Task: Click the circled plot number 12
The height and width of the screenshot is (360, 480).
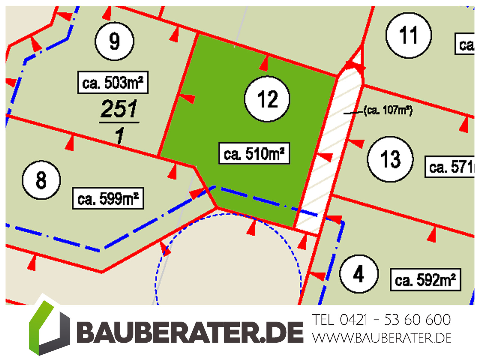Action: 267,99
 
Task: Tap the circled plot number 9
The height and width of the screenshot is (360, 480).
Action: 114,41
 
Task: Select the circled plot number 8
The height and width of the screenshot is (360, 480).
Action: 41,180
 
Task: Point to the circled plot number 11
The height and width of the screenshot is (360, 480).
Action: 408,35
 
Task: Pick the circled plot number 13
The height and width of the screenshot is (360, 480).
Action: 390,159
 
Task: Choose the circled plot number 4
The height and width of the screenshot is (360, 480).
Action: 358,274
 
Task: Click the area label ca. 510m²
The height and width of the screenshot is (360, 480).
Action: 254,154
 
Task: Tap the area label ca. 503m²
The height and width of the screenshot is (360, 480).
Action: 113,82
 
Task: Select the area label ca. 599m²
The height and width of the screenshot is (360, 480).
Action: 108,198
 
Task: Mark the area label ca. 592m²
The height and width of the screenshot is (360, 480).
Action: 425,280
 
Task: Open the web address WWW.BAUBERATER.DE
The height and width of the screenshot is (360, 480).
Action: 382,338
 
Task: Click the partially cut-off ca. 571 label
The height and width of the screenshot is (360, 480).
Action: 450,167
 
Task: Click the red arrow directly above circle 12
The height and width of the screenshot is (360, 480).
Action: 264,64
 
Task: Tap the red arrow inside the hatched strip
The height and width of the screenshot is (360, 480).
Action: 325,157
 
